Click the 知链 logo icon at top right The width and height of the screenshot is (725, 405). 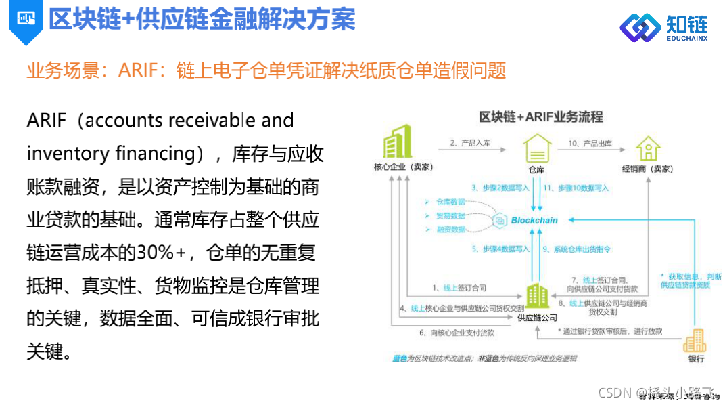[640, 26]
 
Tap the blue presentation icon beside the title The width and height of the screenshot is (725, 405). [27, 18]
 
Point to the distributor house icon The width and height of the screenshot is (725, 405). [647, 148]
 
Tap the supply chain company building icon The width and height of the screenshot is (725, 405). [538, 295]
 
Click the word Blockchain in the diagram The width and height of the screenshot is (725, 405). [534, 220]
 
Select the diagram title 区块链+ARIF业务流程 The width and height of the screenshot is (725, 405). [540, 116]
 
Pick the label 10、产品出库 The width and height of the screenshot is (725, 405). [590, 144]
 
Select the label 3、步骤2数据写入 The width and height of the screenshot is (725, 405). [500, 188]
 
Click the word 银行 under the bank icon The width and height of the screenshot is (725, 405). [696, 359]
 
